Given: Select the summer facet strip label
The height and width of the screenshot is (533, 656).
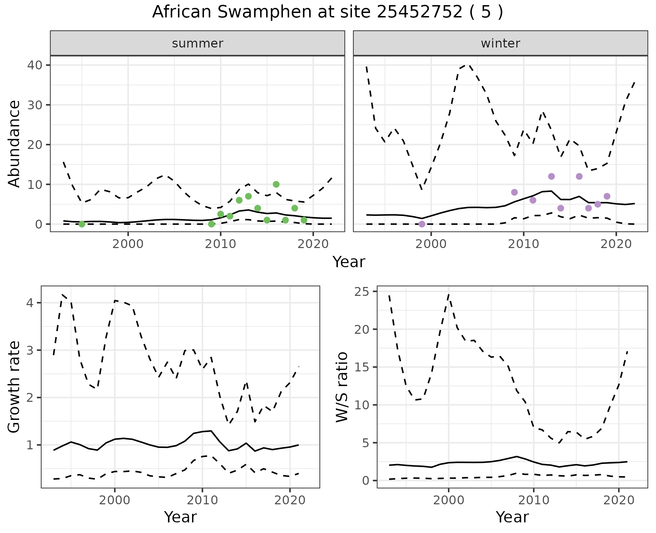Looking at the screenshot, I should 197,43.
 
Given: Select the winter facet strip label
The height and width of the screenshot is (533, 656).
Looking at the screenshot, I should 500,43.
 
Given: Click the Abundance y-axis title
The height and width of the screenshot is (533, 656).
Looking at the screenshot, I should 14,143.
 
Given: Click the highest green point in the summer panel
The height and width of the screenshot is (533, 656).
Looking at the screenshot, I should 276,184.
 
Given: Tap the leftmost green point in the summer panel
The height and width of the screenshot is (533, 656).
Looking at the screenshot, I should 82,224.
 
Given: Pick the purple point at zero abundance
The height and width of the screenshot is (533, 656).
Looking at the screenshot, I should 422,224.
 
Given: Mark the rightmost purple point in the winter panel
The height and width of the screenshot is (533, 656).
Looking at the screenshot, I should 607,196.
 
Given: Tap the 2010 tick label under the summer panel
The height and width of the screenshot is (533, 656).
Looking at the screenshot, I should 221,244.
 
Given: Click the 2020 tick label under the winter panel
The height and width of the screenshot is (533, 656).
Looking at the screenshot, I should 616,244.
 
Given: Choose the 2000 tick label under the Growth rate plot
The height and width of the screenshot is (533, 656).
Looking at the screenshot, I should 115,500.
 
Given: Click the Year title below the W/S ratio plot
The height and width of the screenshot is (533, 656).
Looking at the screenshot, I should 512,517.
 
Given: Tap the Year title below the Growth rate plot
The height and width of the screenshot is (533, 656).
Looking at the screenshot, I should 180,517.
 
